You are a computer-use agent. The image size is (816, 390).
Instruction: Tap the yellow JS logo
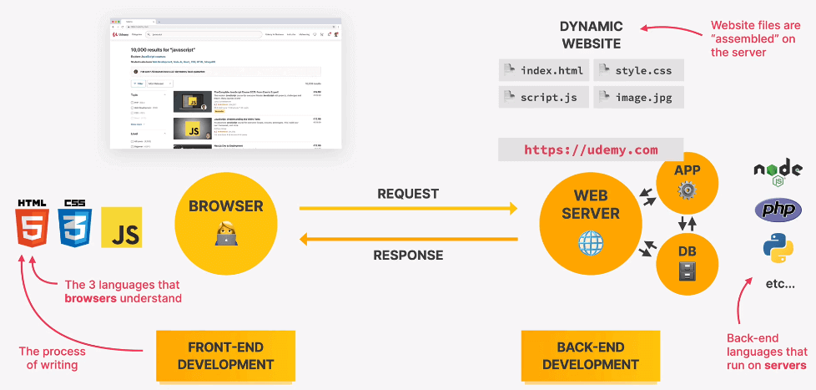click(122, 228)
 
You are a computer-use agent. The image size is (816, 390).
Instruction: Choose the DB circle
click(687, 261)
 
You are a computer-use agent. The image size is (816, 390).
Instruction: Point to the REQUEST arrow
click(409, 209)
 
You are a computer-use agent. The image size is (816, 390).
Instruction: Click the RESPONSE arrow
click(409, 241)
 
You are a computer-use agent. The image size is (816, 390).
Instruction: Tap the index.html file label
click(543, 70)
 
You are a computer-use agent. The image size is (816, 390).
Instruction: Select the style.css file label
click(639, 70)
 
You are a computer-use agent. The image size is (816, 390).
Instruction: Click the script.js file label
click(543, 97)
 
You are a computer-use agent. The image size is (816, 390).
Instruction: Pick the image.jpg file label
click(639, 97)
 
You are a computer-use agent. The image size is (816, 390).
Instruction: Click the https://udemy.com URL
click(591, 149)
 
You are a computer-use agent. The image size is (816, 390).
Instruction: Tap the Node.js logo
click(777, 172)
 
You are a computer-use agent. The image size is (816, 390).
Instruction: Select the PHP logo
click(778, 209)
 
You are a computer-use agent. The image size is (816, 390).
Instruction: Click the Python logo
click(778, 248)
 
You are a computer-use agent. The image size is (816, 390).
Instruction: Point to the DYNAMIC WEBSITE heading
click(591, 34)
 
